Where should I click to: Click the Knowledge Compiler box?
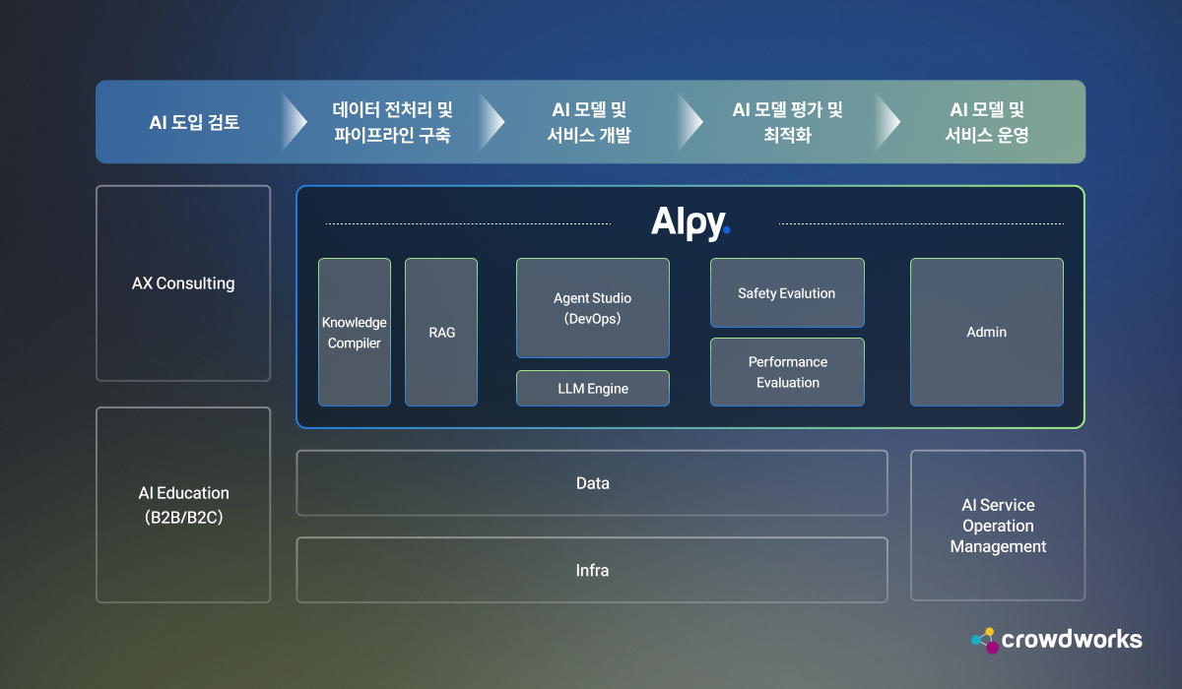[x=355, y=333]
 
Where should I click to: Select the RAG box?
[x=441, y=333]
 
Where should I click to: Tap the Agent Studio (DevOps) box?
[x=593, y=308]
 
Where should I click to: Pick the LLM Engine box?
[x=593, y=389]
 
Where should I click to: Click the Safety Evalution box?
[x=787, y=293]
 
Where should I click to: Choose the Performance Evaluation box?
[x=787, y=372]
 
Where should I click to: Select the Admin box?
[x=986, y=333]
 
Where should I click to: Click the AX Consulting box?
[x=183, y=283]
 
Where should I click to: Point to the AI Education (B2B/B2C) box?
[x=183, y=505]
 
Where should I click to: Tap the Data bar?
[x=592, y=483]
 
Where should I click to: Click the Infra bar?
[x=592, y=570]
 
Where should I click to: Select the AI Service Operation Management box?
[x=998, y=526]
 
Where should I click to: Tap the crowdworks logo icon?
[x=984, y=640]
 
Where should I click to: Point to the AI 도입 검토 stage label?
[x=194, y=123]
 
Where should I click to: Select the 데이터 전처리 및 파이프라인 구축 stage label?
[x=392, y=123]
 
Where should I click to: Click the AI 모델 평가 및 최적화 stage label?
[x=787, y=123]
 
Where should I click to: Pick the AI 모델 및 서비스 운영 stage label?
[x=987, y=123]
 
